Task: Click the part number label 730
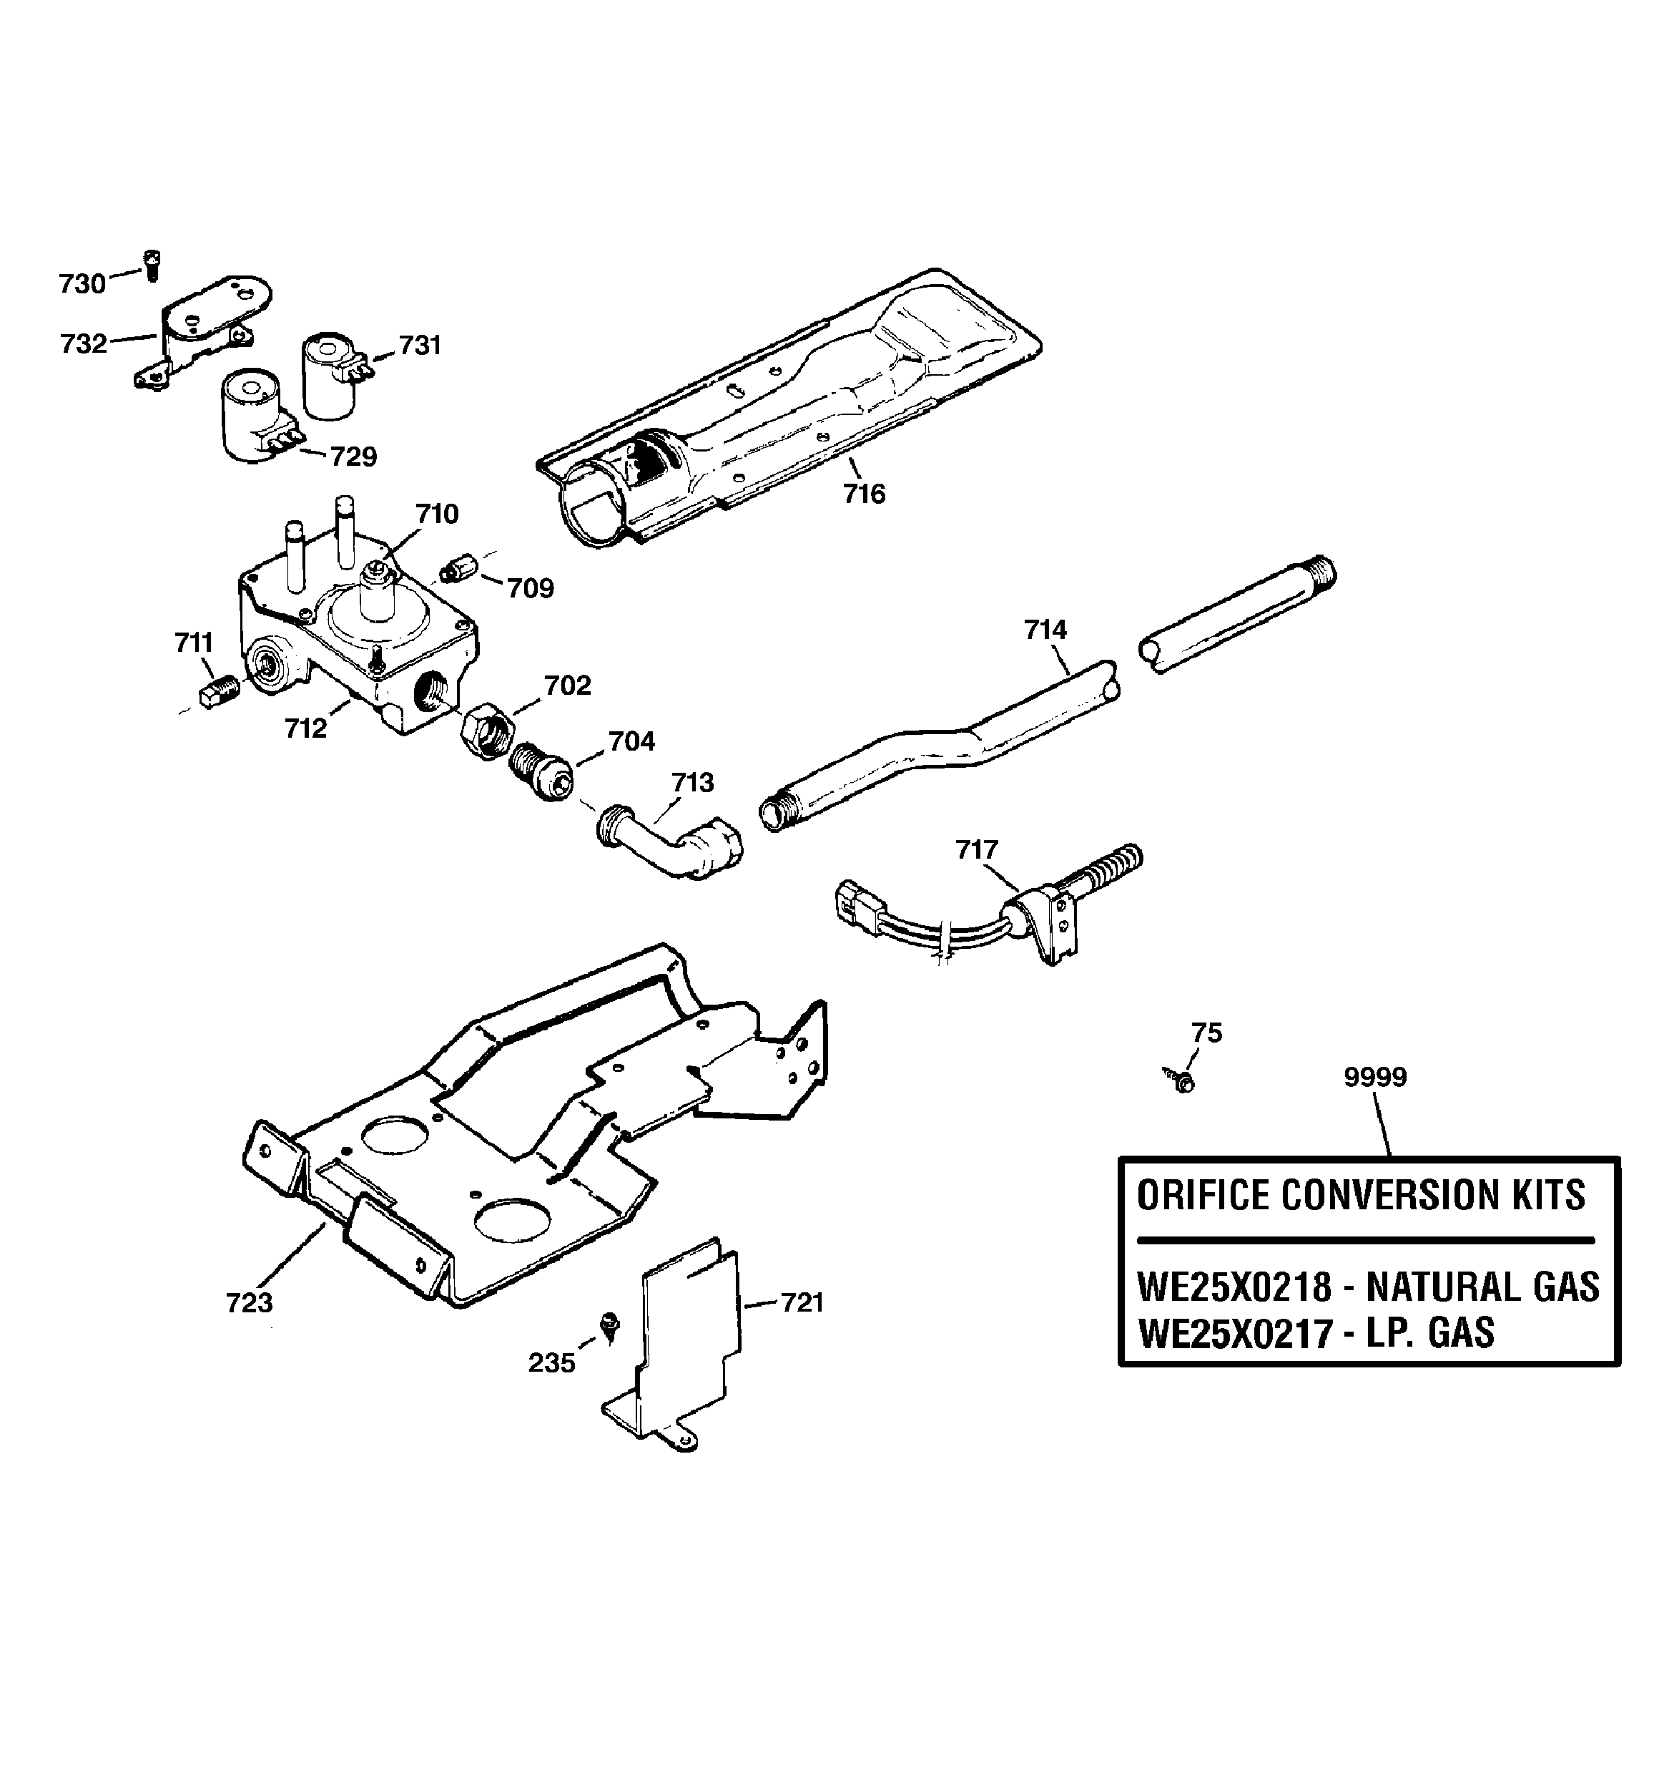click(x=82, y=283)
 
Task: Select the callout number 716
click(x=864, y=494)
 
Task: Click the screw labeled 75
click(x=1183, y=1081)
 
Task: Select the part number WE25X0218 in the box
click(x=1234, y=1288)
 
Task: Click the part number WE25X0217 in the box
click(x=1234, y=1335)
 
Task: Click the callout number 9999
click(x=1375, y=1077)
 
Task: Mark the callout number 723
click(x=248, y=1302)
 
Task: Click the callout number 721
click(x=802, y=1302)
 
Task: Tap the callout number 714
click(x=1045, y=630)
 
